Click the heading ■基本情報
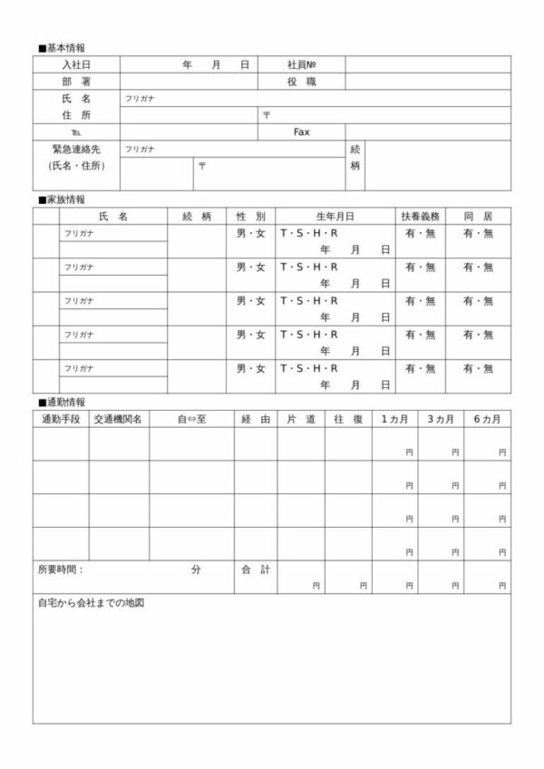63,47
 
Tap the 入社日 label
76,64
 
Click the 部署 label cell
76,82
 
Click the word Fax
302,131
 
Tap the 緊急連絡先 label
76,149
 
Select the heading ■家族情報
63,200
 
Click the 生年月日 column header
335,216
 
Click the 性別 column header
250,216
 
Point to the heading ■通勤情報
63,402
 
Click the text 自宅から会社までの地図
92,603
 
